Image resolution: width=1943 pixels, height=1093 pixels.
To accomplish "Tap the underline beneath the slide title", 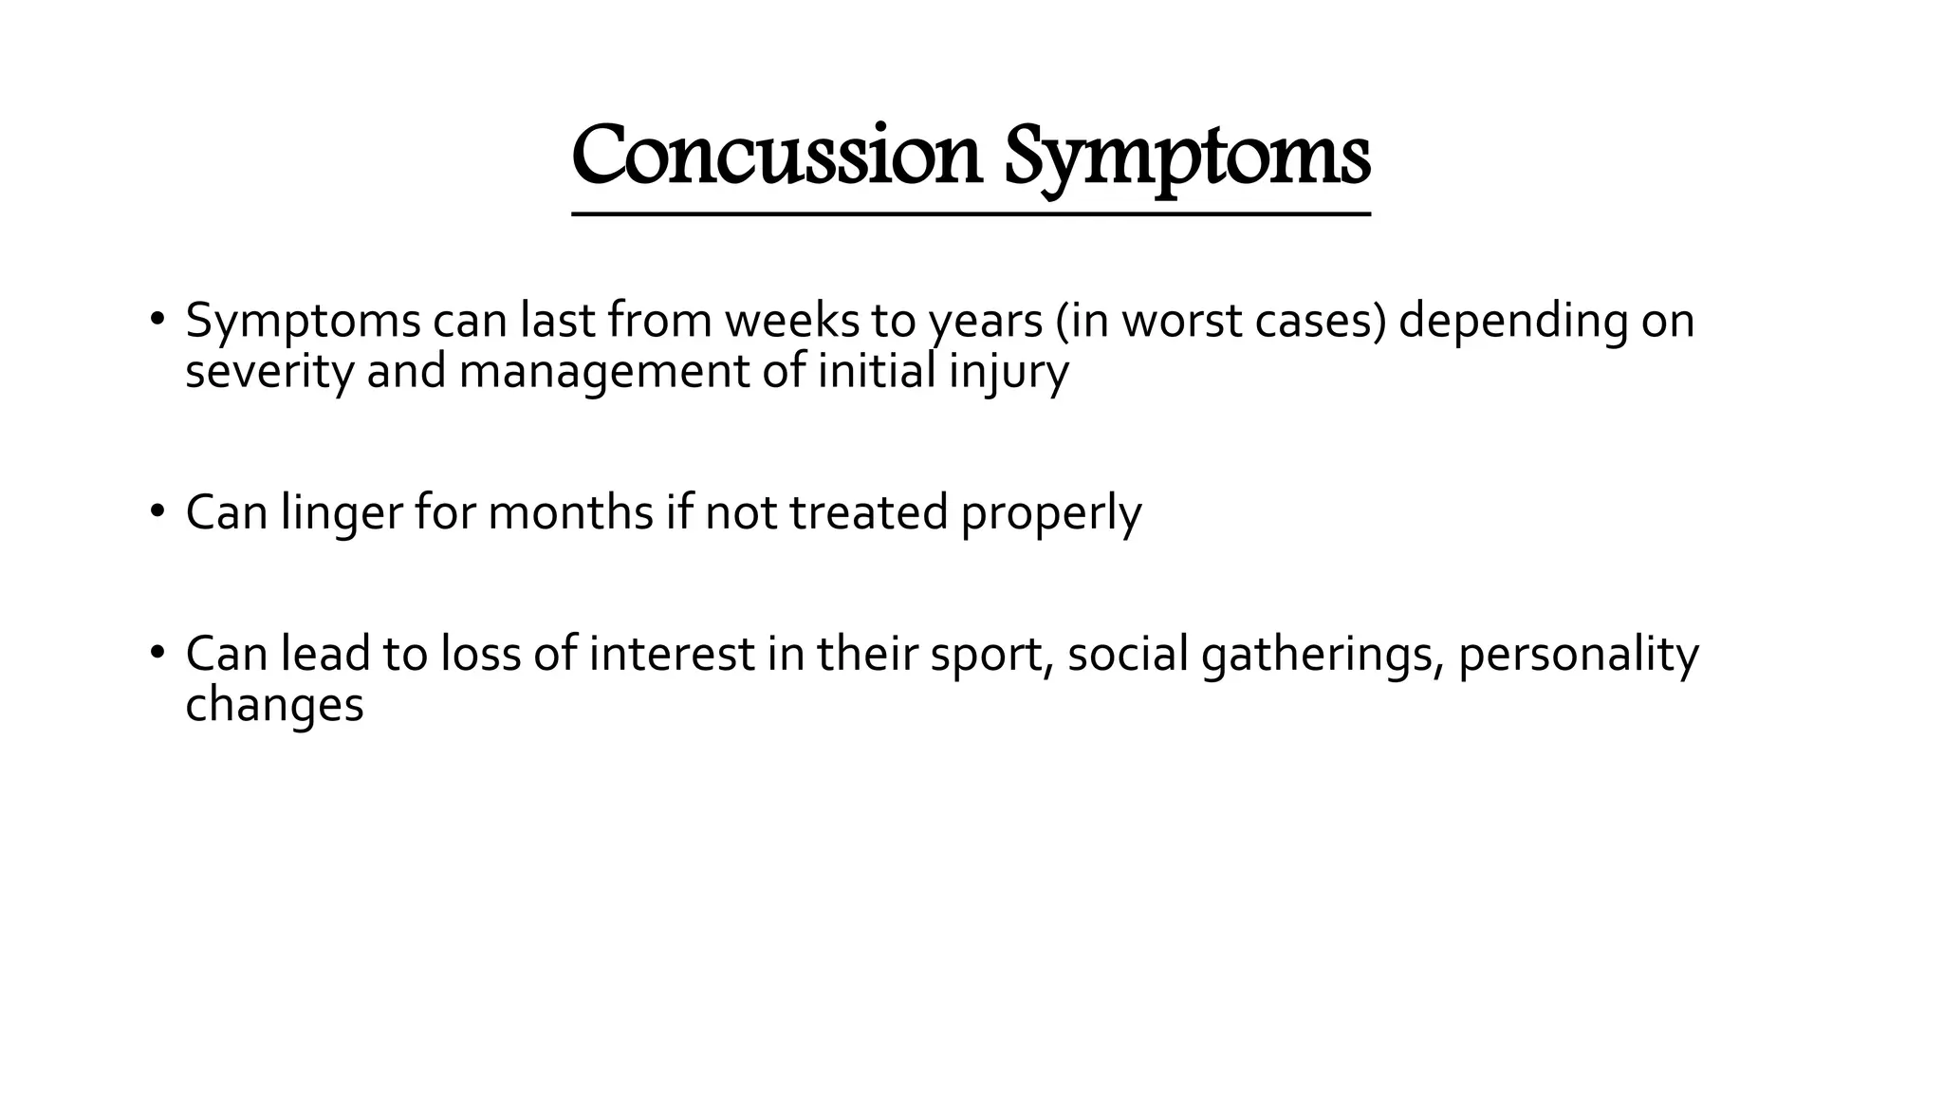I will (971, 215).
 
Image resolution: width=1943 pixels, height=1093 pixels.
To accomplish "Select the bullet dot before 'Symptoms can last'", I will (157, 319).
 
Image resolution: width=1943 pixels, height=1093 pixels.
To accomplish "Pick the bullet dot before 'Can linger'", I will (157, 511).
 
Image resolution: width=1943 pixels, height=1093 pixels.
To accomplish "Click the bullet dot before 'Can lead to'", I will (157, 653).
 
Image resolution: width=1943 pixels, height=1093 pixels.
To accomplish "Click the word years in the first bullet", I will (986, 323).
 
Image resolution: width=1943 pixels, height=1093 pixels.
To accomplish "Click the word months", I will (570, 512).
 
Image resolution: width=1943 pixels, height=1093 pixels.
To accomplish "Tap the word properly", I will (1050, 514).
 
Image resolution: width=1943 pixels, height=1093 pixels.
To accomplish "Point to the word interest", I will (671, 654).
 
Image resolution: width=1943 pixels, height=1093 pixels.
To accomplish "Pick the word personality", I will (1577, 656).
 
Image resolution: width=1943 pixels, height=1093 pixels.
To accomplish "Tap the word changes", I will (274, 706).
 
